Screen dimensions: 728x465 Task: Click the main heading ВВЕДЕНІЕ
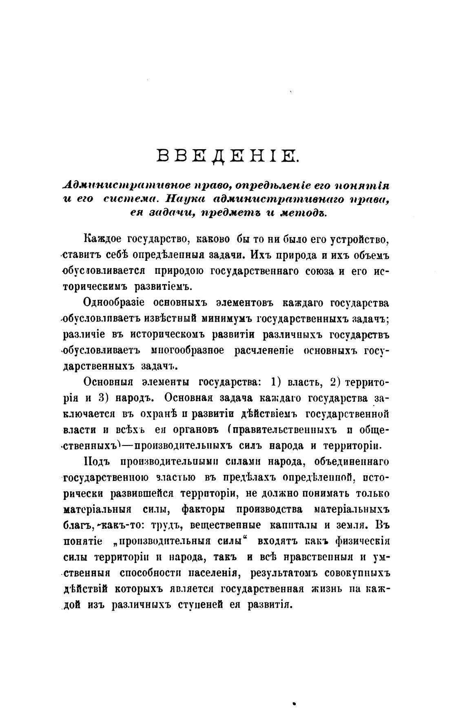(228, 157)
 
